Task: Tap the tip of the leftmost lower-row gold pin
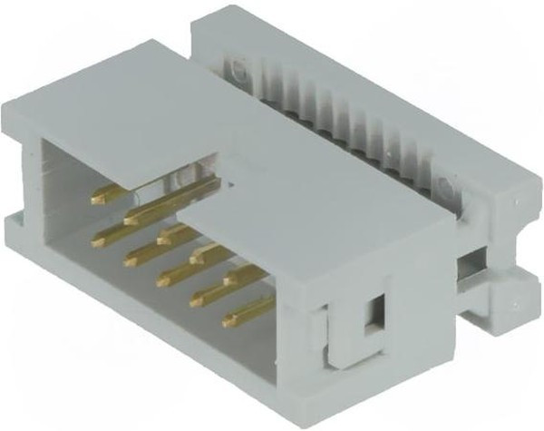click(x=97, y=240)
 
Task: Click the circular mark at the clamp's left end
click(x=238, y=67)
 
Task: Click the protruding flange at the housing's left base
click(x=20, y=226)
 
